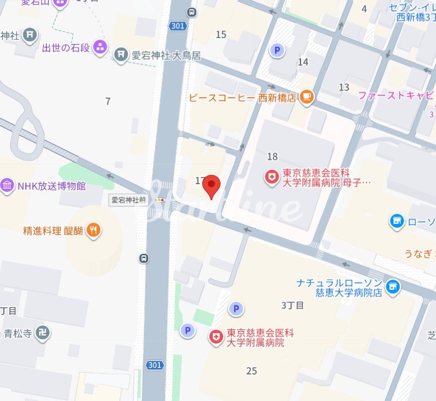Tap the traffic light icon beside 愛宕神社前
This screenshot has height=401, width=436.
(x=160, y=200)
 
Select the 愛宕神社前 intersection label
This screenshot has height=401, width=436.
(x=128, y=200)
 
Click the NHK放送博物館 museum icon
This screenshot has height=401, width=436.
(x=7, y=186)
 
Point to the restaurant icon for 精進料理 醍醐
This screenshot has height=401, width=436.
(x=94, y=231)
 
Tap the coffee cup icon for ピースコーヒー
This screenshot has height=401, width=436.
(x=306, y=98)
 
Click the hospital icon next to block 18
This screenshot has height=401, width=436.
(x=271, y=178)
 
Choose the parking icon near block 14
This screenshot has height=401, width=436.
(x=277, y=51)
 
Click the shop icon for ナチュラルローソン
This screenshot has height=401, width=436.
(x=392, y=286)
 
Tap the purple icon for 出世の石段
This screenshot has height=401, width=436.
(x=100, y=47)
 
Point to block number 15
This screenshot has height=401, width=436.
(x=221, y=35)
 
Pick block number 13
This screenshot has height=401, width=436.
(x=344, y=87)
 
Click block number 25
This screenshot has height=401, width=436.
(x=252, y=371)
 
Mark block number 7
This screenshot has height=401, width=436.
(x=108, y=101)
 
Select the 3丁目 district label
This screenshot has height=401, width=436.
(x=292, y=306)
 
